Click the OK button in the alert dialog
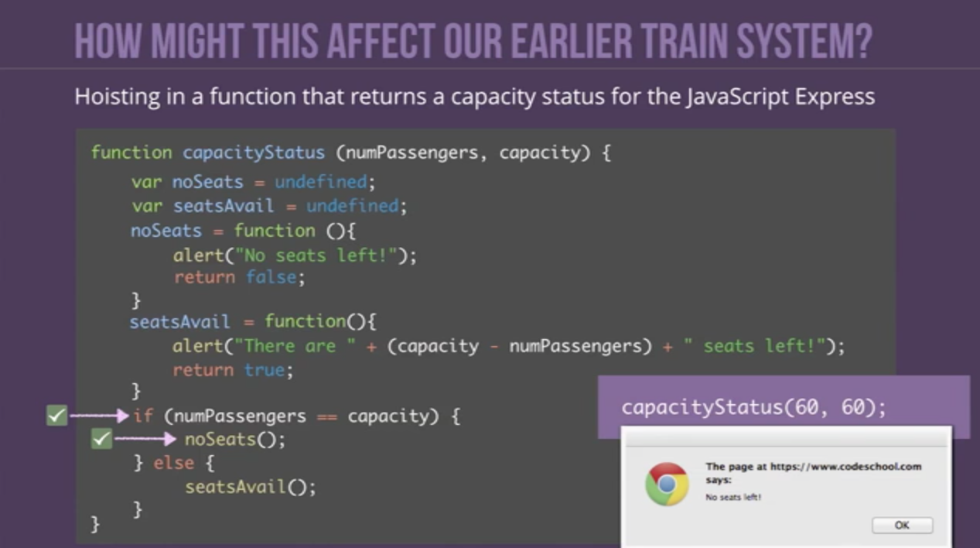click(902, 525)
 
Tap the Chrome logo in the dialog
click(667, 484)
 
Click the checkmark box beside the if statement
click(57, 416)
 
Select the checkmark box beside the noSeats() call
click(101, 439)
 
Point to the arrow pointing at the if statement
click(99, 416)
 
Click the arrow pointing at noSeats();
click(145, 439)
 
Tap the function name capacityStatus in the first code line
click(254, 152)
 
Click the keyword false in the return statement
click(271, 278)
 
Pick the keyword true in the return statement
click(265, 370)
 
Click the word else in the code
click(174, 463)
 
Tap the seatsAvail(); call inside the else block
click(251, 487)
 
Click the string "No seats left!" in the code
click(316, 255)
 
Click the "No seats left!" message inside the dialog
click(733, 497)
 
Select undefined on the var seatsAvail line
click(352, 206)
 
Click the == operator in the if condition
click(327, 416)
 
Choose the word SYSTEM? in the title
click(804, 41)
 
